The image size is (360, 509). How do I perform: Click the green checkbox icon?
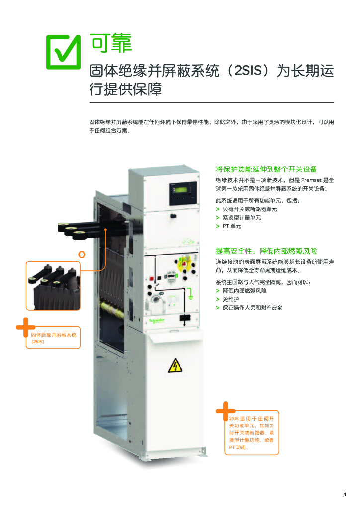click(63, 52)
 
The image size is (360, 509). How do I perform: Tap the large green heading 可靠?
click(111, 43)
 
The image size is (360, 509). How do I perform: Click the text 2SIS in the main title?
click(248, 71)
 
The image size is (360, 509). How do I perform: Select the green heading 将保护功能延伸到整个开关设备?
click(267, 169)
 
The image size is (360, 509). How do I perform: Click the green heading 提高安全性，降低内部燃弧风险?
click(267, 251)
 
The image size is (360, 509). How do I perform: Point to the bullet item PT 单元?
click(232, 226)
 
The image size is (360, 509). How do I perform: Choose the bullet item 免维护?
click(231, 299)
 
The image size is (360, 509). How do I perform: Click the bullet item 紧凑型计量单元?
click(242, 218)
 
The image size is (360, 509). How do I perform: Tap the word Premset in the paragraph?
click(311, 180)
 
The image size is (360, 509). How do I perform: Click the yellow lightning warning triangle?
click(176, 366)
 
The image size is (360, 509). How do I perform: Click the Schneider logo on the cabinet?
click(157, 321)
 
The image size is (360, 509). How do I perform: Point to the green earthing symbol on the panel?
click(191, 294)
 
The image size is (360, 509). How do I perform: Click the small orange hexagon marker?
click(82, 254)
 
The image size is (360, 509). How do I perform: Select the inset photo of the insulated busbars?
click(53, 286)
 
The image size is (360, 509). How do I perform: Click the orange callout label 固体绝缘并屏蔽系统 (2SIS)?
click(53, 338)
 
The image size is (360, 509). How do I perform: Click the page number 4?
click(345, 494)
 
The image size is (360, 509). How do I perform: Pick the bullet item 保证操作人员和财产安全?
click(253, 307)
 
